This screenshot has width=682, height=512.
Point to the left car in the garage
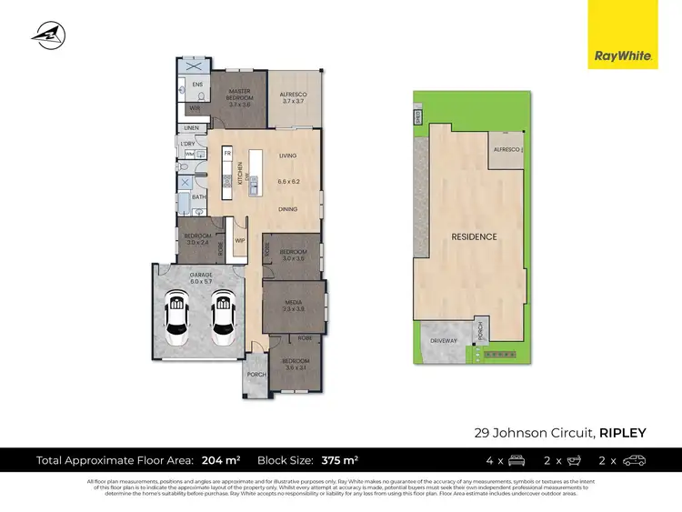click(176, 318)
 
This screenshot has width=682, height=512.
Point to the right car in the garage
click(221, 318)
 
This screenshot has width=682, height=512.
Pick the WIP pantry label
click(240, 240)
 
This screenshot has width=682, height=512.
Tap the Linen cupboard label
click(191, 128)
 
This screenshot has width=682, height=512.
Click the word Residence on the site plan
click(475, 236)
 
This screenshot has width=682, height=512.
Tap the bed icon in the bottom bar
click(516, 460)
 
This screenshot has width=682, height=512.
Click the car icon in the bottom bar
click(634, 460)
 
